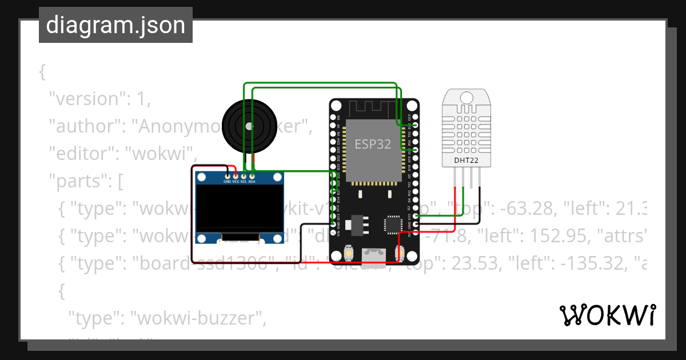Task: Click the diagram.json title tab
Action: pos(115,25)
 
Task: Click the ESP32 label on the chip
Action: pos(373,144)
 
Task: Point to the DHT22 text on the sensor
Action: pos(466,160)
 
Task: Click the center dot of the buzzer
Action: pos(248,126)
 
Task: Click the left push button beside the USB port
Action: pos(349,252)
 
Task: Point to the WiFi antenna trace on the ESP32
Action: pos(373,107)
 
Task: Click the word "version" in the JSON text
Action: pos(86,99)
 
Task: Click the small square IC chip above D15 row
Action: pos(393,224)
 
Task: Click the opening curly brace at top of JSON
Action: pos(42,71)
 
